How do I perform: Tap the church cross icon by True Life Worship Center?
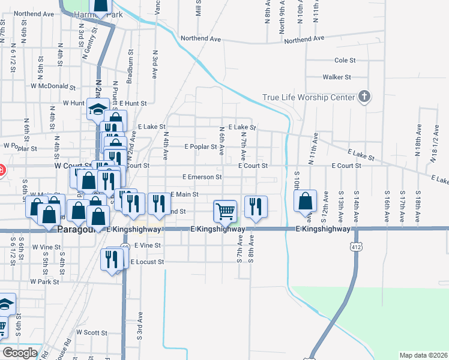(x=364, y=96)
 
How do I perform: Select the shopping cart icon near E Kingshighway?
(x=225, y=210)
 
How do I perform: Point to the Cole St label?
(x=345, y=60)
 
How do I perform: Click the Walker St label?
(x=336, y=77)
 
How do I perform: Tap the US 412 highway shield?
(x=357, y=246)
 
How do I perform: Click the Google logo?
(x=20, y=353)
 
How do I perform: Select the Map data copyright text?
(x=423, y=355)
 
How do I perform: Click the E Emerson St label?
(x=202, y=177)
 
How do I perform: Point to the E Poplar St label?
(x=200, y=146)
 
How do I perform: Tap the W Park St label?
(x=44, y=281)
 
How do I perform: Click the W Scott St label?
(x=91, y=332)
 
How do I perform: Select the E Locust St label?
(x=146, y=262)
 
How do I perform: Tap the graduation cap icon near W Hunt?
(x=96, y=109)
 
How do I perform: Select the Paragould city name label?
(x=77, y=229)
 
